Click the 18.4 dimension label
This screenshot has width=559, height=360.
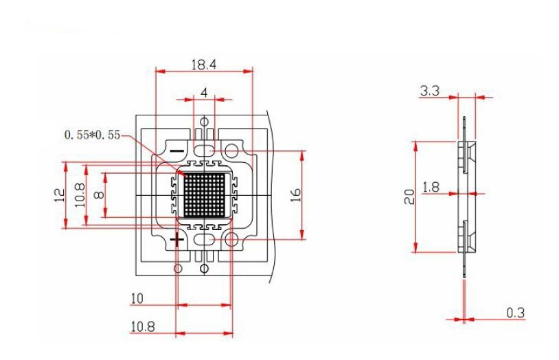click(x=204, y=65)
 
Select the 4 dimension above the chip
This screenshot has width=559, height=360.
click(x=205, y=91)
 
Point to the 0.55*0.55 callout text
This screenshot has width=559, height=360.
click(x=92, y=135)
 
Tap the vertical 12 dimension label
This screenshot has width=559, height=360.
click(x=57, y=196)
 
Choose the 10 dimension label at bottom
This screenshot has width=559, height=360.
click(x=137, y=299)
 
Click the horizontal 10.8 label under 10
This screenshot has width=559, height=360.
click(x=143, y=327)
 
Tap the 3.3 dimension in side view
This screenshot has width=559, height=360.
click(x=430, y=91)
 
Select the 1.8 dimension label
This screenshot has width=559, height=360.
click(x=431, y=186)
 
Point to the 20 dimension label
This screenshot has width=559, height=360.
click(x=408, y=197)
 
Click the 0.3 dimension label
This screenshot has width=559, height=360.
click(x=516, y=313)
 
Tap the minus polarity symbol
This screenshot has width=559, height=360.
click(x=177, y=150)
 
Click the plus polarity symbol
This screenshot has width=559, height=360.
click(x=177, y=239)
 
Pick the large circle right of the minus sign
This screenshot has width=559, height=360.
click(x=232, y=150)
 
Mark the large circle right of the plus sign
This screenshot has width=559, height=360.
click(x=232, y=239)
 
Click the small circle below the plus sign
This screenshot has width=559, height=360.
click(x=177, y=269)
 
